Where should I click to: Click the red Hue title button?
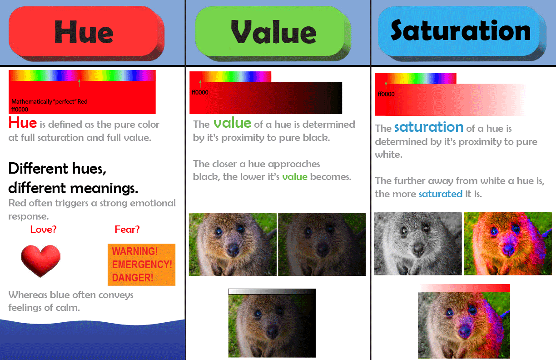[86, 33]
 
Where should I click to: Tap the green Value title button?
[273, 33]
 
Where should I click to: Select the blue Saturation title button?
[462, 33]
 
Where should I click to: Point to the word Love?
[44, 229]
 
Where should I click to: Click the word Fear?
[127, 229]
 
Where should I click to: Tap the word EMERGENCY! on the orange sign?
[142, 265]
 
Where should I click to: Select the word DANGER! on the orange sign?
[133, 278]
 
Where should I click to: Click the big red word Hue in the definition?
[23, 123]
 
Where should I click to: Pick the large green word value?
[232, 123]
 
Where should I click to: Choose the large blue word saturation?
[429, 127]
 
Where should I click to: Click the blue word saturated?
[441, 194]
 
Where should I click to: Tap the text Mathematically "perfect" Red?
[50, 102]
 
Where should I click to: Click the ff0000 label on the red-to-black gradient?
[200, 92]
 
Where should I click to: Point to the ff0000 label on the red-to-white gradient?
[386, 94]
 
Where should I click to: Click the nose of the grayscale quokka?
[418, 249]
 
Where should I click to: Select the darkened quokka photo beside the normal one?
[322, 244]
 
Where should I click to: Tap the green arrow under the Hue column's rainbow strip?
[79, 83]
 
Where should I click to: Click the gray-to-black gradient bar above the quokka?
[272, 292]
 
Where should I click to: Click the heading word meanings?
[104, 188]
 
